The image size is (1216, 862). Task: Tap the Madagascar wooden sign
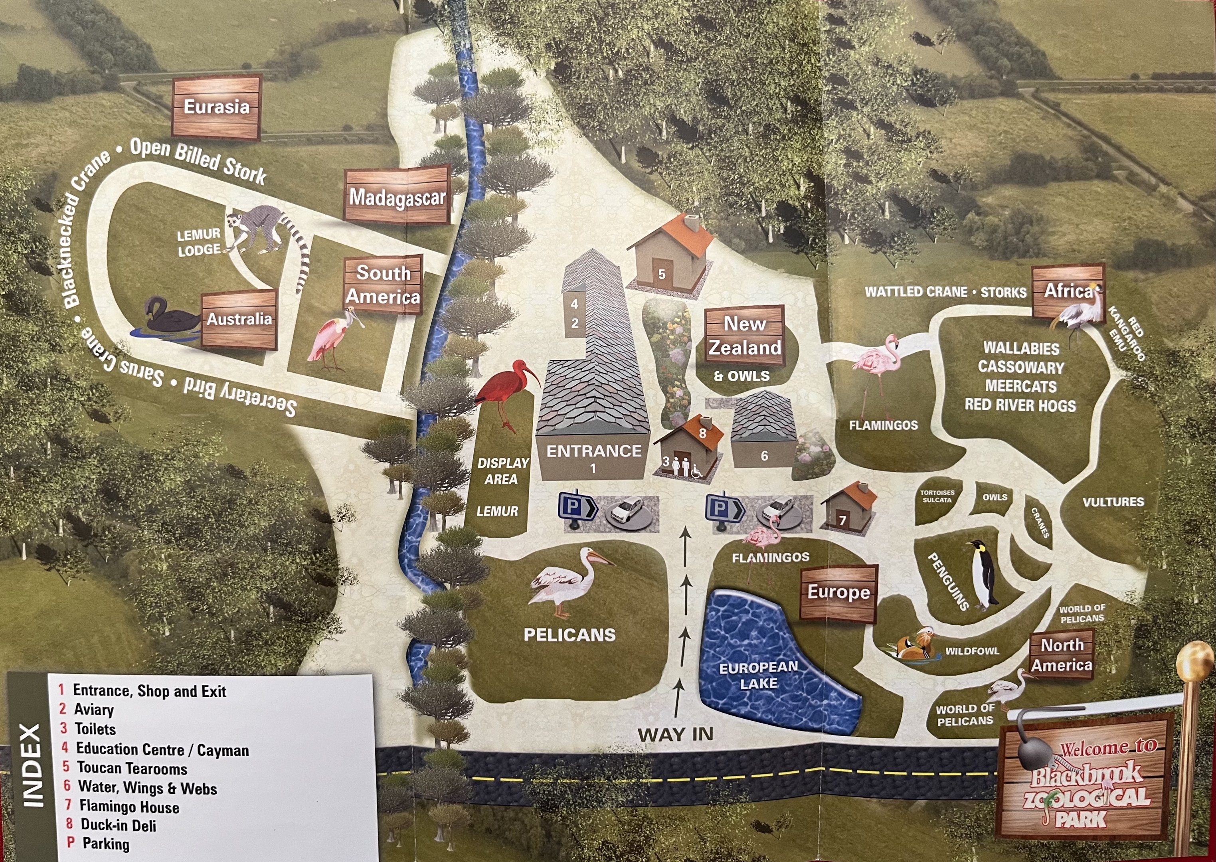(x=397, y=197)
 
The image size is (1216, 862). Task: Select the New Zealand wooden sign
(x=745, y=336)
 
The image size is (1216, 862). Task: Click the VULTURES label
(x=1113, y=502)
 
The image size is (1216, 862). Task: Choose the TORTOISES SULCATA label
(x=937, y=496)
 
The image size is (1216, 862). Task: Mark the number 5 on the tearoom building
(x=661, y=275)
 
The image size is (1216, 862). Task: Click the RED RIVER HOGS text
(x=1020, y=405)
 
